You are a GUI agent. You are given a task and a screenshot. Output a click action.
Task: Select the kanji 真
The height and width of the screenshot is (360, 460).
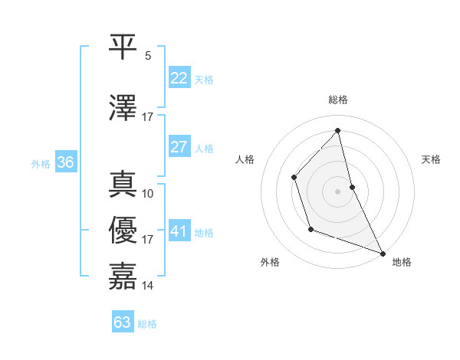[123, 184]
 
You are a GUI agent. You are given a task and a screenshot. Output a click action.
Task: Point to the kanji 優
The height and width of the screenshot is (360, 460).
[123, 230]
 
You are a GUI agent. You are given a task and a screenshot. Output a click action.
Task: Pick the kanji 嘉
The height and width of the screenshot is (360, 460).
[123, 276]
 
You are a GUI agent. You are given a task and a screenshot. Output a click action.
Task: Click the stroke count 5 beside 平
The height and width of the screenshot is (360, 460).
[148, 55]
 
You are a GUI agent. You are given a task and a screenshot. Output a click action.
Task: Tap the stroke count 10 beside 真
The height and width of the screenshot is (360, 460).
[148, 194]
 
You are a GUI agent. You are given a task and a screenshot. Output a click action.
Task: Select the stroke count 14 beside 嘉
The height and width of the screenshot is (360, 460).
[148, 286]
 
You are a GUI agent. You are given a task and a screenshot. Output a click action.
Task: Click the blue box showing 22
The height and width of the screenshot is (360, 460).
[179, 78]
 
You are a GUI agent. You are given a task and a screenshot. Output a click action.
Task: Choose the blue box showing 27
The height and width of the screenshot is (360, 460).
[179, 147]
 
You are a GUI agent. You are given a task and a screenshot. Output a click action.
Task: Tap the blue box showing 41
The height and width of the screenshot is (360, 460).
[179, 232]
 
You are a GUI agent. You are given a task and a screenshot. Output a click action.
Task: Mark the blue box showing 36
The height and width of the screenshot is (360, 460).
[65, 162]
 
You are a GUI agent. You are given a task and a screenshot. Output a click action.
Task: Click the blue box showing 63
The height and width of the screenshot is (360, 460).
[122, 322]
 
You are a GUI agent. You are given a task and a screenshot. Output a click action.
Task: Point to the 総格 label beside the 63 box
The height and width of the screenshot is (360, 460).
[147, 324]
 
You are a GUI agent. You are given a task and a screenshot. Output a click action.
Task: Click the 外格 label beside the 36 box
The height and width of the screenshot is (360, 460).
[41, 164]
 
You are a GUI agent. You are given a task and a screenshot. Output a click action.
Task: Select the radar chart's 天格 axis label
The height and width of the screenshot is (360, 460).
[431, 159]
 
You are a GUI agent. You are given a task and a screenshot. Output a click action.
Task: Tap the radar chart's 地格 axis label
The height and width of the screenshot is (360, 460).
[402, 262]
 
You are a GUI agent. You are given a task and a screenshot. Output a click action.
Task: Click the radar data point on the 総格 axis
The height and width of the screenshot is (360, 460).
[337, 131]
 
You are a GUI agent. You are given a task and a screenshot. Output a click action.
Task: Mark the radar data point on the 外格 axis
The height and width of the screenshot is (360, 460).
[310, 228]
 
